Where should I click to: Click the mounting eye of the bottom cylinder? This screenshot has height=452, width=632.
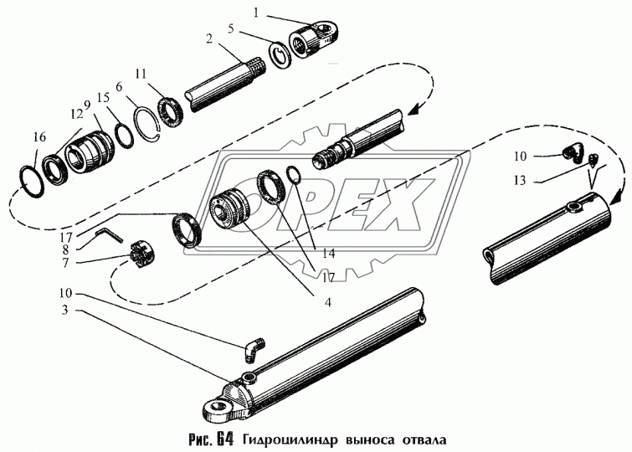(216, 407)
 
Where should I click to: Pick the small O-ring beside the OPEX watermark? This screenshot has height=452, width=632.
(293, 174)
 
